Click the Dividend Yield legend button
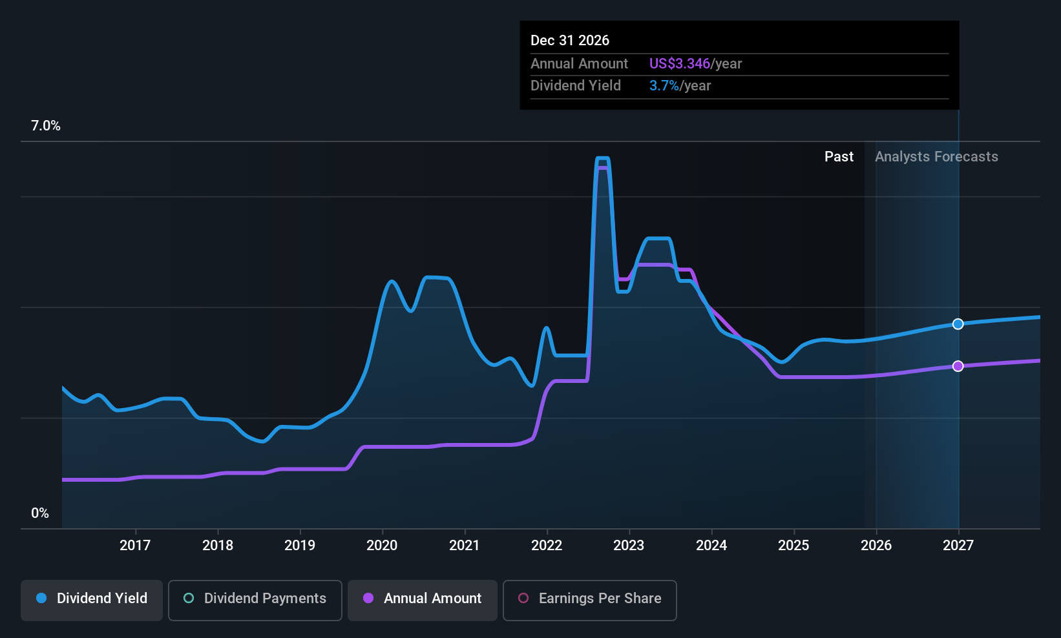[92, 599]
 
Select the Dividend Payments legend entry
[255, 599]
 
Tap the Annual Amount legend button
[423, 599]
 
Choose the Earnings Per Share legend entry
[589, 599]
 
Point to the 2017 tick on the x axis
[135, 546]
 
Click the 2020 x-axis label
[382, 546]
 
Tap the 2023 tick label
[629, 546]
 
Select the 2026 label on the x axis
[876, 546]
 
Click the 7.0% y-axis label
[46, 126]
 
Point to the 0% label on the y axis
[40, 513]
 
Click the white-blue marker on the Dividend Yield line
[958, 324]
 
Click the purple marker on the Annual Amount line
[958, 366]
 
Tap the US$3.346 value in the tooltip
[679, 64]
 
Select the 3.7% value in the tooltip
[664, 86]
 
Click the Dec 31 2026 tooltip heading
[570, 41]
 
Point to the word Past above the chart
[839, 157]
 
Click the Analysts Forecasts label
[936, 157]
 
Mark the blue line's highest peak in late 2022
[602, 159]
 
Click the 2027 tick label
[958, 546]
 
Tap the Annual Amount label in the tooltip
[579, 64]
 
